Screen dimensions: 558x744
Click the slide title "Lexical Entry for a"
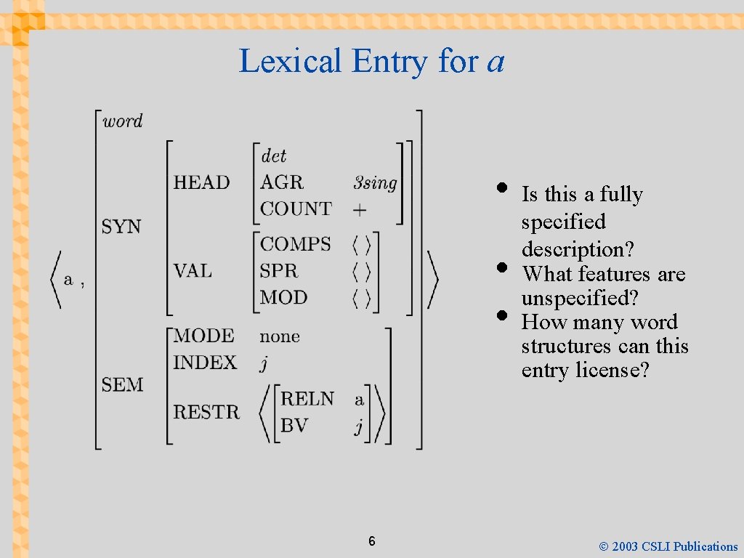[x=371, y=61]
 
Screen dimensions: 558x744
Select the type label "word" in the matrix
[x=122, y=121]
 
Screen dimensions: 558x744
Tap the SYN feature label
[x=121, y=227]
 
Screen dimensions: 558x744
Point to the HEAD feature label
[x=201, y=182]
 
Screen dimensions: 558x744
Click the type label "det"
[x=273, y=155]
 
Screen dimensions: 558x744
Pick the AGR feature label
[x=281, y=182]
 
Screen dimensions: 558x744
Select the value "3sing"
[x=375, y=183]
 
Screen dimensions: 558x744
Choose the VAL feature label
[x=193, y=271]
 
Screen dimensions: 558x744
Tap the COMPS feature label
[x=295, y=244]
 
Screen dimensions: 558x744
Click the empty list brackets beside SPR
[x=362, y=272]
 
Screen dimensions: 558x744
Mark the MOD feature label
[x=283, y=297]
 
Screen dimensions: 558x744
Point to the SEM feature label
[x=122, y=384]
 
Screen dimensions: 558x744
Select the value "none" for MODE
[x=280, y=336]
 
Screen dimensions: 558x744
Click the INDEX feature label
[x=205, y=363]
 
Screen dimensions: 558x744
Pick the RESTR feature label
[x=206, y=412]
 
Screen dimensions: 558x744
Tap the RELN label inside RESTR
[x=307, y=399]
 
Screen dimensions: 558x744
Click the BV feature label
[x=294, y=425]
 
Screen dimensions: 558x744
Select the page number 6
[x=371, y=541]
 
